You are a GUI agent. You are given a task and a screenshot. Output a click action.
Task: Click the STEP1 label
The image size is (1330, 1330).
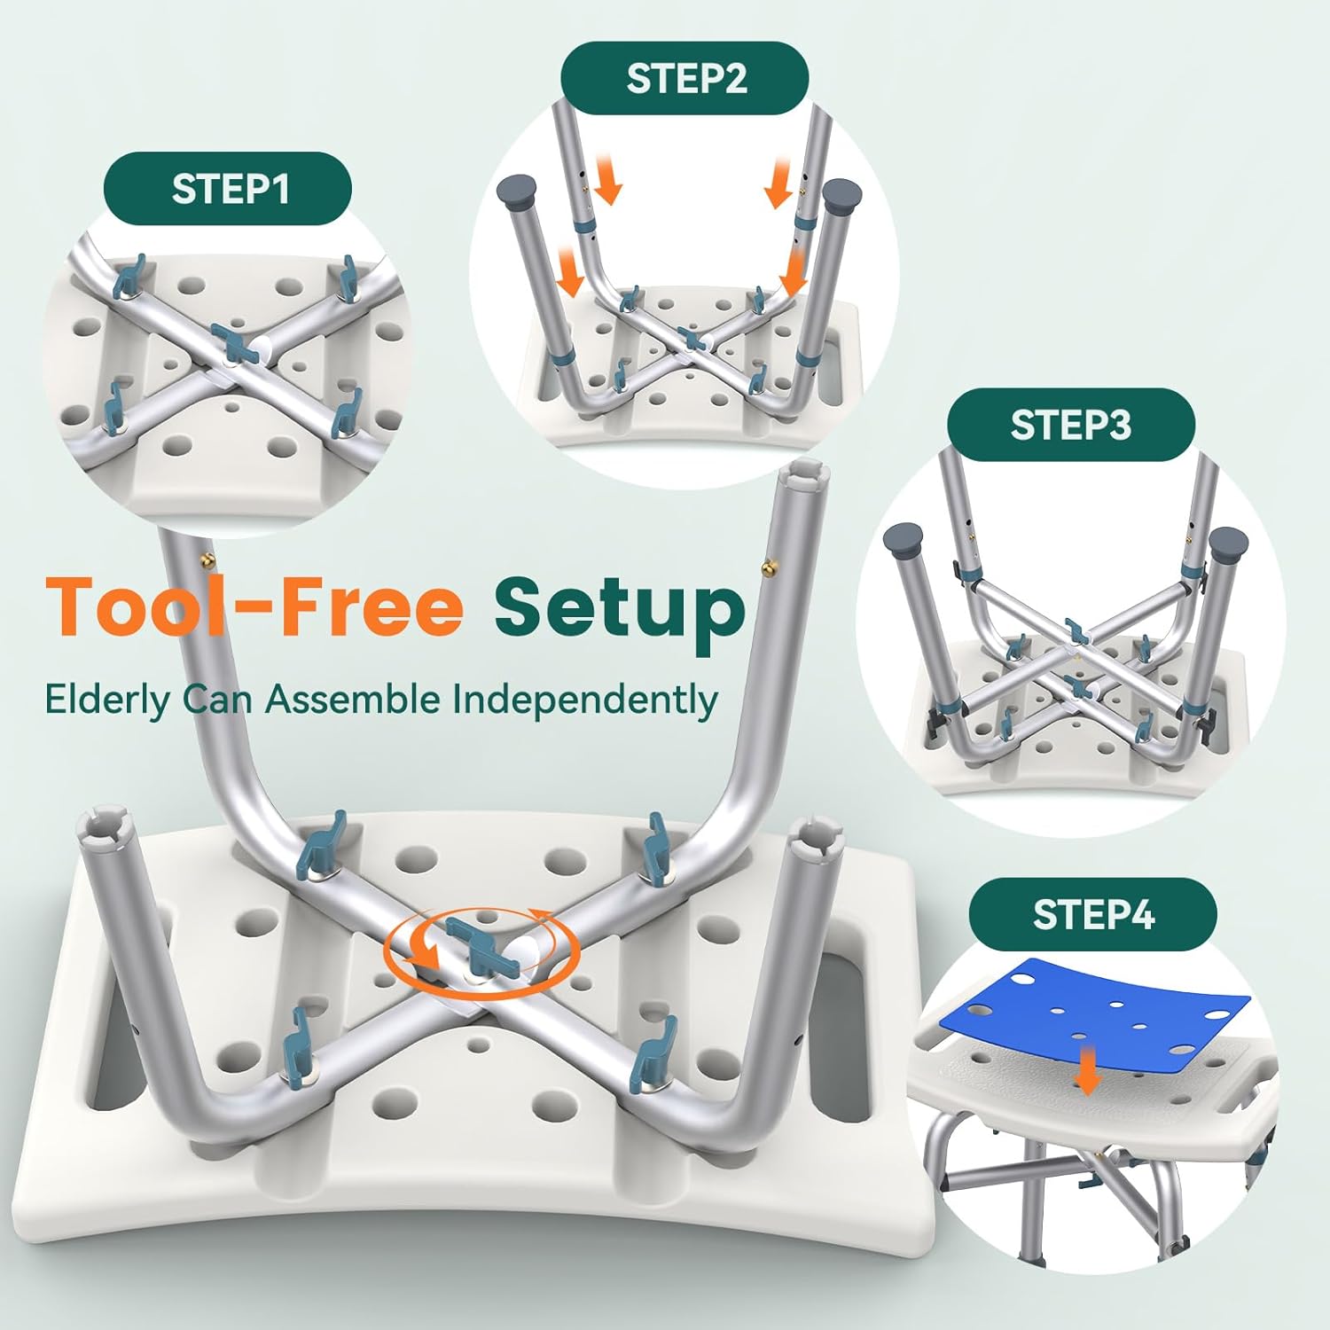(229, 189)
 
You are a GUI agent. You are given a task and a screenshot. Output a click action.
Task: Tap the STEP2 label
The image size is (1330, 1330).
(685, 78)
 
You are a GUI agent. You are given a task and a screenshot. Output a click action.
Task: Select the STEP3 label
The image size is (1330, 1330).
(1071, 425)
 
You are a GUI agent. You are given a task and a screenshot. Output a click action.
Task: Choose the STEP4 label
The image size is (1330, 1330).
(1093, 914)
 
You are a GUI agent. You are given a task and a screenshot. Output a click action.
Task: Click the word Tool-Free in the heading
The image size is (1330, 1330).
(254, 606)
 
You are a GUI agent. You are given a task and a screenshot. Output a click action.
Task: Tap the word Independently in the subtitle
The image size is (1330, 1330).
(584, 700)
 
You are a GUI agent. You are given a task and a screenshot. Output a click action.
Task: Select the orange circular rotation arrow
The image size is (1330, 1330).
(481, 953)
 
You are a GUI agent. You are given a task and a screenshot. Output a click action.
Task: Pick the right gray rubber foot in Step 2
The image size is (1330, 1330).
(843, 192)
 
